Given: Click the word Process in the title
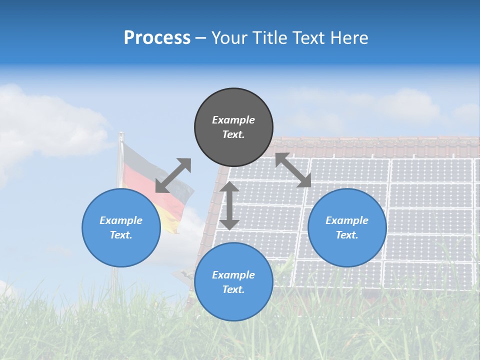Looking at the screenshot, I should pyautogui.click(x=157, y=38).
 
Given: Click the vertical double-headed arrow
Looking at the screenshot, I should pyautogui.click(x=229, y=205).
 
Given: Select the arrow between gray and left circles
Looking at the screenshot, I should pyautogui.click(x=173, y=175).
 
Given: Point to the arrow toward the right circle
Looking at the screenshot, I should pyautogui.click(x=293, y=170).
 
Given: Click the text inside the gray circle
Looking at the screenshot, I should pyautogui.click(x=233, y=127).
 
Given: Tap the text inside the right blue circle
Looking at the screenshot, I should pyautogui.click(x=347, y=227).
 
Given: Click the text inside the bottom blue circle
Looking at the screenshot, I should pyautogui.click(x=233, y=282).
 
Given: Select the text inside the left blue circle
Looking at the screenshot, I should pyautogui.click(x=121, y=227).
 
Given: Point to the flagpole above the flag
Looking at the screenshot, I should pyautogui.click(x=120, y=137).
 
